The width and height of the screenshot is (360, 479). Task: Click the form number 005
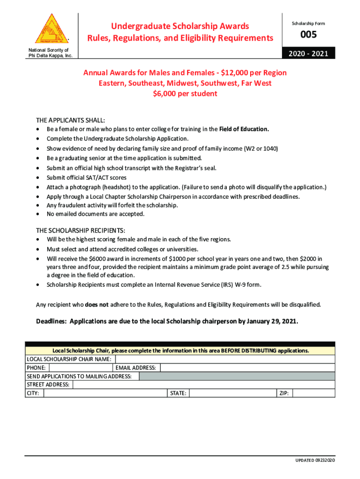pos(308,35)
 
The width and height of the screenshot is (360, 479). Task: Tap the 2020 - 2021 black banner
pos(308,54)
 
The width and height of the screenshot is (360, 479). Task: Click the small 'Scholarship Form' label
pos(308,23)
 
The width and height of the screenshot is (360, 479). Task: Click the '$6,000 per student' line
pos(185,94)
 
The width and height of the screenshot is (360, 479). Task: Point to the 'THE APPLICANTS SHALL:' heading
pos(71,120)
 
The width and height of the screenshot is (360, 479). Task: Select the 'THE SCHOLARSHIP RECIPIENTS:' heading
pos(80,231)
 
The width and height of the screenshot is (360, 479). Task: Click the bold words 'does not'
pos(97,305)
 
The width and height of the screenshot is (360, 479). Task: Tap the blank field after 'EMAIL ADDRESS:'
pos(248,368)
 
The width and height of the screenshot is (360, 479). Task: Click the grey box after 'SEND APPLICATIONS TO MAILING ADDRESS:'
pos(237,377)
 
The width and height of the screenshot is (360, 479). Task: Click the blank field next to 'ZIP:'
pos(314,393)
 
